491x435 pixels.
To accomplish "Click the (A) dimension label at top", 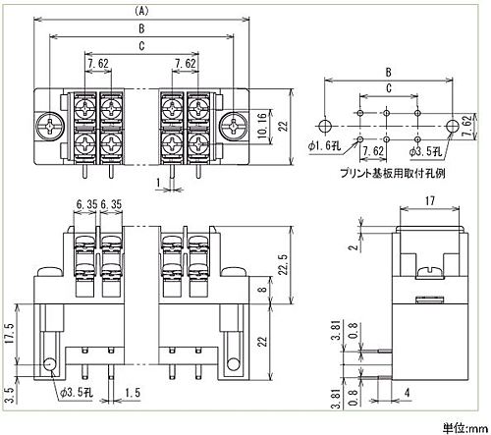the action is (141, 11).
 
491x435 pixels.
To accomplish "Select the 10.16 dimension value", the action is (262, 126).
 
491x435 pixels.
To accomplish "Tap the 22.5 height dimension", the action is (284, 264).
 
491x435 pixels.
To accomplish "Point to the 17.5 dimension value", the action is (10, 333).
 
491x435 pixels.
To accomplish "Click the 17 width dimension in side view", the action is (430, 200).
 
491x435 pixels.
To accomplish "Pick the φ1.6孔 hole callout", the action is (324, 145).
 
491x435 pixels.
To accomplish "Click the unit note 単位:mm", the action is (465, 427).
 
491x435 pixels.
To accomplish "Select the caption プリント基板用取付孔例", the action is (393, 173).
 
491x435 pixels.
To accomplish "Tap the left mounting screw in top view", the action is (50, 126).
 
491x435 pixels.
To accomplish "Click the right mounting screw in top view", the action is (234, 126).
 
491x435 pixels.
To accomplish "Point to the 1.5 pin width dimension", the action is (133, 392).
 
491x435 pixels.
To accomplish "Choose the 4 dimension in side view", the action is (407, 392).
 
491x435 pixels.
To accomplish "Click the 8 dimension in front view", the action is (264, 290).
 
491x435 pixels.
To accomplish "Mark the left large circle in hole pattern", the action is (325, 126).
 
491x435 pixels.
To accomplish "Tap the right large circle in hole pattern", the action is (453, 126).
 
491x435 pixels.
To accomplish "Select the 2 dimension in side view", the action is (353, 246).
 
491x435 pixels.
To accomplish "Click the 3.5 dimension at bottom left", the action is (10, 395).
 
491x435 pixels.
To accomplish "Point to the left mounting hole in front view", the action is (50, 364).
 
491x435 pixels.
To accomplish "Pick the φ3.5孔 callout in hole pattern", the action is (426, 151).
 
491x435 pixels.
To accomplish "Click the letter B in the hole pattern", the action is (388, 73).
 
